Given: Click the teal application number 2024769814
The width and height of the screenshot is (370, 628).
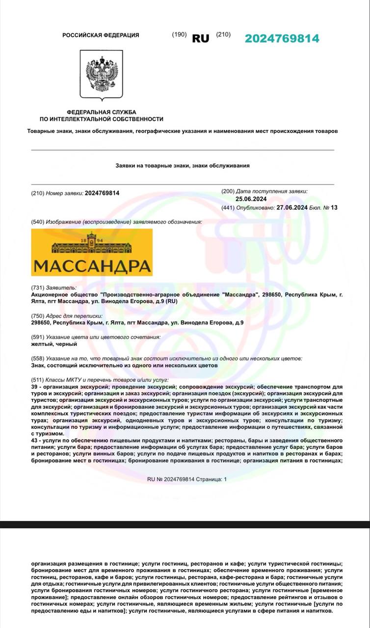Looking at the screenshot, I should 282,38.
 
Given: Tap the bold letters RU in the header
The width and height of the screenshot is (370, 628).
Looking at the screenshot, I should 200,38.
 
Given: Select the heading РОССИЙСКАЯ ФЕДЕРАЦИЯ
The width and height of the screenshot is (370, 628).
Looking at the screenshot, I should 101,35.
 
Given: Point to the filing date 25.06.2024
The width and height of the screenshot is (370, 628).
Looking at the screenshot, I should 251,199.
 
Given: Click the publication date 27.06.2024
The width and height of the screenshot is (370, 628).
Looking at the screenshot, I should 292,208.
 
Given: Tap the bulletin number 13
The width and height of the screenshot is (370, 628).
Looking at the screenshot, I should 334,208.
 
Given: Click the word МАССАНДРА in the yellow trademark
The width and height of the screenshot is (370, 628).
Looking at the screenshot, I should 92,266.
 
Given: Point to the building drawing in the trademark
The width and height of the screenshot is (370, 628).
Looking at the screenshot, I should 92,247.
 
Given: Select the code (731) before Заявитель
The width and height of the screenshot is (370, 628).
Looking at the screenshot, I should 37,288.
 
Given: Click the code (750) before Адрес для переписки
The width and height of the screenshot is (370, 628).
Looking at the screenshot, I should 37,316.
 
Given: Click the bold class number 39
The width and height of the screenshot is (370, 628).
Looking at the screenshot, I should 34,387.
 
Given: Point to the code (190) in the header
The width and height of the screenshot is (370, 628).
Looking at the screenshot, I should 179,34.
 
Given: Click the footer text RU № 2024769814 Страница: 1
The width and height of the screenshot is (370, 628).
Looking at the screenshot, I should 187,479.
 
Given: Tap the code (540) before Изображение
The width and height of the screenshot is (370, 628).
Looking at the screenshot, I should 37,222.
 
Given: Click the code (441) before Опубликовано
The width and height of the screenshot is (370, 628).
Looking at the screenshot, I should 228,208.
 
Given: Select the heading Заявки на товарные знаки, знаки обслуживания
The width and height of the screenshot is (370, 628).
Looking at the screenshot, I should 182,166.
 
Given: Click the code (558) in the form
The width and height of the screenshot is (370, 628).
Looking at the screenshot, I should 37,359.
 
